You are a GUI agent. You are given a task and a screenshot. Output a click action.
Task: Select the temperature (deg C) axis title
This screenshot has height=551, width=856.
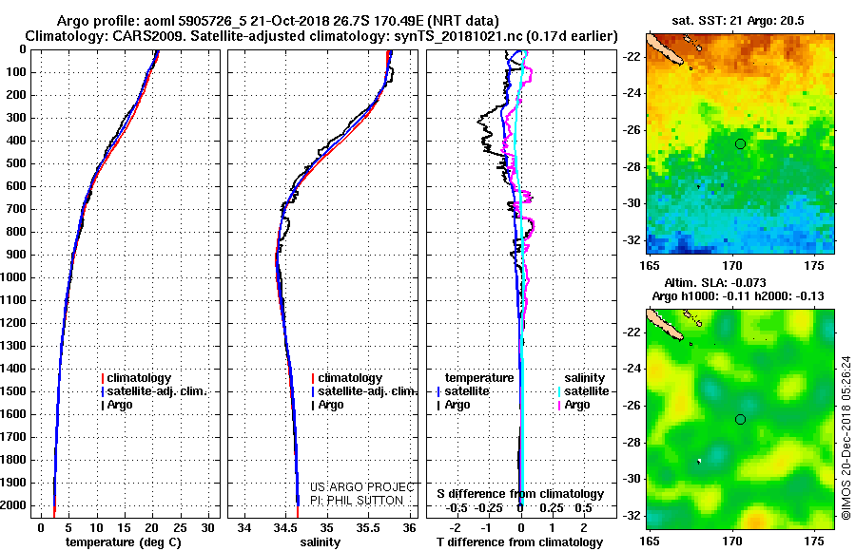point(124,542)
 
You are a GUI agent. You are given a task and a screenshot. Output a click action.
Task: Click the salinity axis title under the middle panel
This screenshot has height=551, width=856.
point(320,542)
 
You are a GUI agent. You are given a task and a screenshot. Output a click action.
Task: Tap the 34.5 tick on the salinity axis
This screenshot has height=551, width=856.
point(285,528)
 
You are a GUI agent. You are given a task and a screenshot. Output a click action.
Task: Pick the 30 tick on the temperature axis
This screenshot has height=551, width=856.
point(207,528)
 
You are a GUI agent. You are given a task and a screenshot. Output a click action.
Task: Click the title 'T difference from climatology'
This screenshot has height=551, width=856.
point(519,542)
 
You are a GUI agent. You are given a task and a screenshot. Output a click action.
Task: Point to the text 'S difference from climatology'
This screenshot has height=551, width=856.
point(520,494)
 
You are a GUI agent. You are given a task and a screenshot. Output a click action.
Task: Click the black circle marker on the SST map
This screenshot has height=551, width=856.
point(740,144)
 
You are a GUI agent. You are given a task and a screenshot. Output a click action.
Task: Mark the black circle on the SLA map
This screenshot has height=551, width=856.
point(740,419)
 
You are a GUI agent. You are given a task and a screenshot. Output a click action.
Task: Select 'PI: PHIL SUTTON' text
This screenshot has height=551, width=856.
point(357,501)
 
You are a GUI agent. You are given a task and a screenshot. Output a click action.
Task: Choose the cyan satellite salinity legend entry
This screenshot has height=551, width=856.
point(584,391)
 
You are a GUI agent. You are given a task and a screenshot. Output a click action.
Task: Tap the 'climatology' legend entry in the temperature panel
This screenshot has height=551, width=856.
point(136,378)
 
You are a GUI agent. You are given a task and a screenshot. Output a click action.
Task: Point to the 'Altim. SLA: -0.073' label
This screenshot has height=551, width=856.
point(714,282)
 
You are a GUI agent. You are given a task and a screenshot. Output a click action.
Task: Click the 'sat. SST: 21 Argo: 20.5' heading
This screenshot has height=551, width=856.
point(737,21)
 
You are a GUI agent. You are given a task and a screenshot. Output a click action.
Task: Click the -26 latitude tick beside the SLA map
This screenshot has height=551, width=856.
point(633,406)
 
